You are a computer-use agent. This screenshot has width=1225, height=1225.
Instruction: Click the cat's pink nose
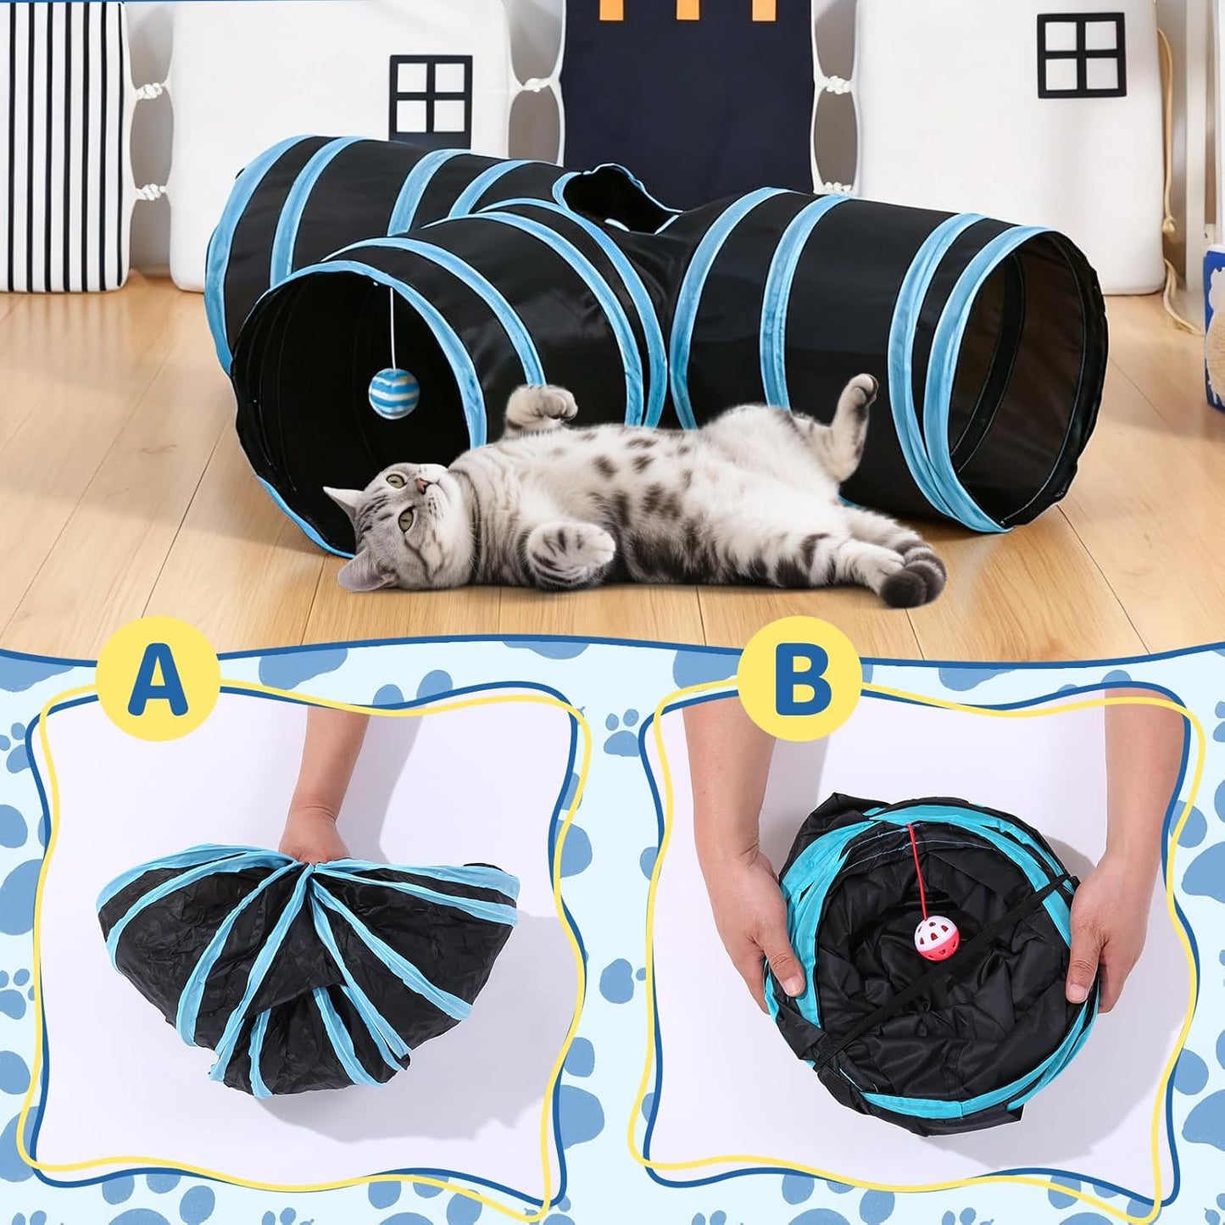[420, 486]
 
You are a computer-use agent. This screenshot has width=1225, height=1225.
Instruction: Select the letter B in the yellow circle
[799, 678]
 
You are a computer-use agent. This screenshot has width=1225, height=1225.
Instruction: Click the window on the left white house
[432, 93]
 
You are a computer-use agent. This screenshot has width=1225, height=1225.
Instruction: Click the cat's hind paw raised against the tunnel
[859, 391]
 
